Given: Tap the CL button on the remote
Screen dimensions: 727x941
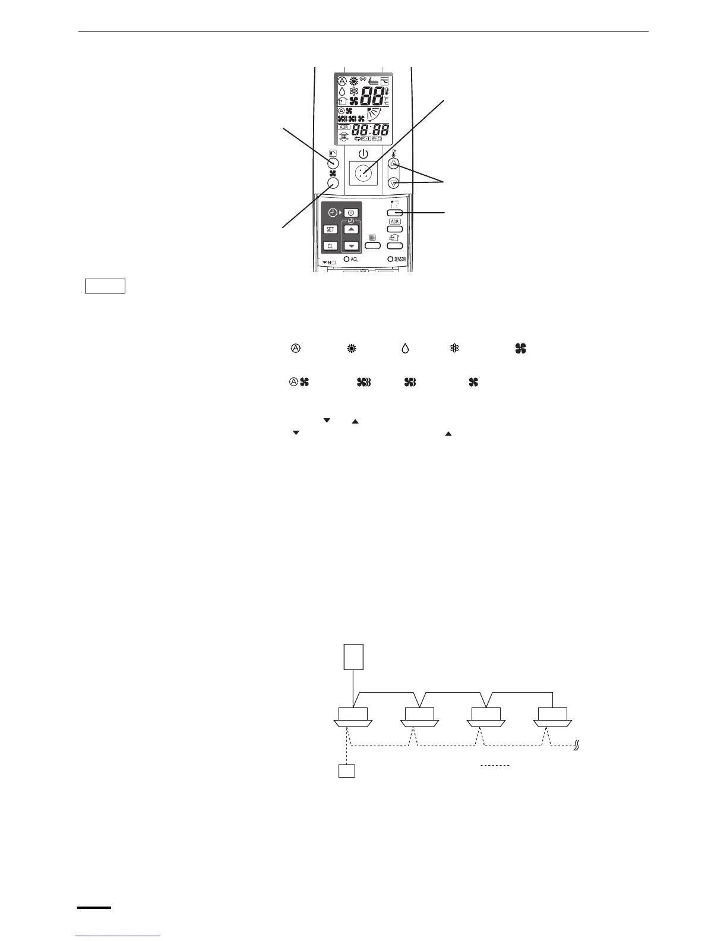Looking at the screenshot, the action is point(330,246).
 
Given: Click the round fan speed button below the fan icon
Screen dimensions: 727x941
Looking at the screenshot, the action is point(333,184).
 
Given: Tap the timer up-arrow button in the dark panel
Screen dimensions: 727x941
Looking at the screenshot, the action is point(351,229).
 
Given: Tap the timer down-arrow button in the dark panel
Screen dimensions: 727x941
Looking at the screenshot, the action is point(351,245).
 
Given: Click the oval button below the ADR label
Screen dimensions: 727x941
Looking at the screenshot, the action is point(395,229).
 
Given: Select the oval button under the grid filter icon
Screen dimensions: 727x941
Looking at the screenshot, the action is point(372,245).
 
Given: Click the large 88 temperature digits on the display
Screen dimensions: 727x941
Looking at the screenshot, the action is point(370,96).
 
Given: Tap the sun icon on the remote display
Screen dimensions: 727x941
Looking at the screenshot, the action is point(353,81).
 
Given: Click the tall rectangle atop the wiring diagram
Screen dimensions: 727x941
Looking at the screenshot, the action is point(353,656).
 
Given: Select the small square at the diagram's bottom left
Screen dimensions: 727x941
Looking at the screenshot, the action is point(346,771).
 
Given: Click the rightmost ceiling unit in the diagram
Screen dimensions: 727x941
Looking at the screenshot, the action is point(553,715).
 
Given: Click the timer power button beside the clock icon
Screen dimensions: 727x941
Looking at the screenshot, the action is point(351,213).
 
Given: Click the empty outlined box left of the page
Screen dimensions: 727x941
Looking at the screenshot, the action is point(105,286).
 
